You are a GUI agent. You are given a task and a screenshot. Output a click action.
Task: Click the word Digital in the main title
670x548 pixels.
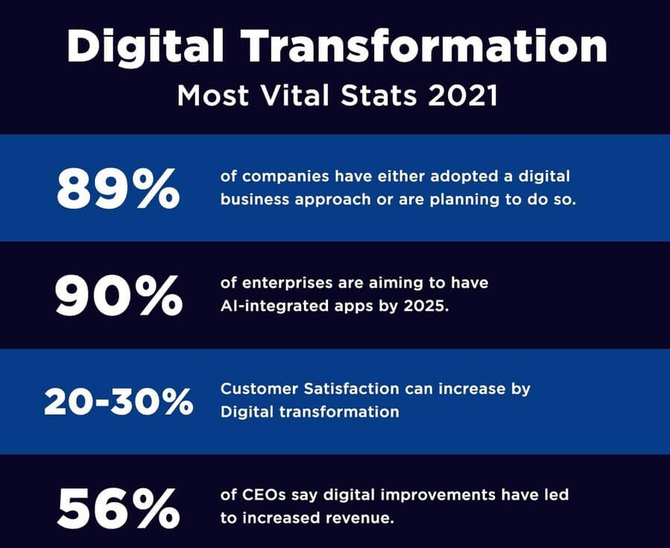tap(145, 46)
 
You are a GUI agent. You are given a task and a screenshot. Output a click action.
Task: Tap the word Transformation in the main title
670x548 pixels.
tap(423, 45)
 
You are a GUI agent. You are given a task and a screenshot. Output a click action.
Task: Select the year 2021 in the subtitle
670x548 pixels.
tap(464, 95)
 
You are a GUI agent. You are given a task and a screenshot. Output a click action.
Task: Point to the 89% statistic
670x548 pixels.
tap(118, 189)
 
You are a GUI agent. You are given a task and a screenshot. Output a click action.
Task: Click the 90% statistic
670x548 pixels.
tap(118, 296)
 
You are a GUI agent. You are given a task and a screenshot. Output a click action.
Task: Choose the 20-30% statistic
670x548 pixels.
tap(118, 402)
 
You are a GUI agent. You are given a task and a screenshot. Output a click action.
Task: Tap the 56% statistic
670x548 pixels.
tap(118, 508)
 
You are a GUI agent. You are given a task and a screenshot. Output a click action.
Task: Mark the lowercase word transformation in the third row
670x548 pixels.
tap(339, 412)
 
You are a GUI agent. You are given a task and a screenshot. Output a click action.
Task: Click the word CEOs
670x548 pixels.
tap(264, 495)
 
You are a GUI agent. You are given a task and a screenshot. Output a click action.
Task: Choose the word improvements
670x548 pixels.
tap(437, 496)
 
